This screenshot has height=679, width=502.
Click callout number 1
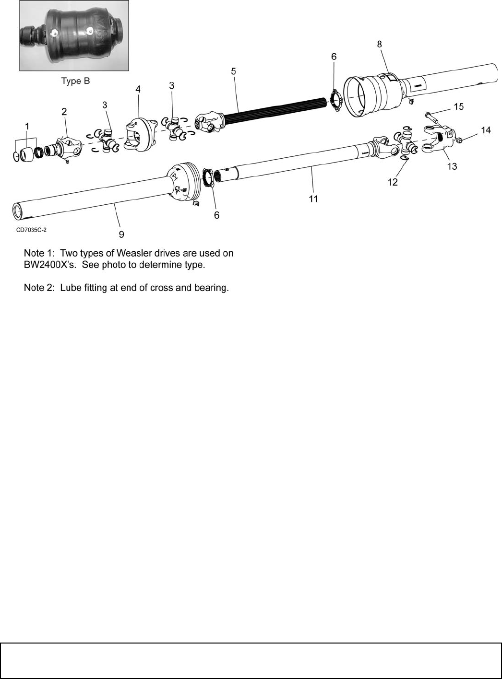tap(27, 126)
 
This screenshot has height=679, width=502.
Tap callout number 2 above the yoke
tap(64, 111)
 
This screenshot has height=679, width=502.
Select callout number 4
tap(138, 89)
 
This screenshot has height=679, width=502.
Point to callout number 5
tap(233, 71)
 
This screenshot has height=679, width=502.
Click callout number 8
tap(379, 44)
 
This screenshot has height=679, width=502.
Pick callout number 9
tap(121, 234)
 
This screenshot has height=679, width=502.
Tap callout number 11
tap(313, 198)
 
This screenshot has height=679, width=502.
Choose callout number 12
tap(393, 182)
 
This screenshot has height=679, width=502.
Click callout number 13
tap(452, 166)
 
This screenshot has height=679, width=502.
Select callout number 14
tap(486, 130)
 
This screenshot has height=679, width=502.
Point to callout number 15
tap(459, 106)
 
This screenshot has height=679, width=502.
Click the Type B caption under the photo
tap(75, 81)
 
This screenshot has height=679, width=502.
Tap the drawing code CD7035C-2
tap(31, 230)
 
